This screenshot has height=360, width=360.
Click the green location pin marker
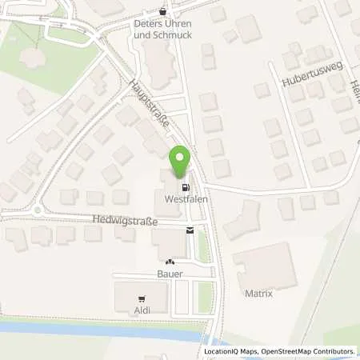[180, 162]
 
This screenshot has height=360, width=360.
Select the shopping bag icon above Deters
[164, 11]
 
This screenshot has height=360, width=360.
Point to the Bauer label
[170, 274]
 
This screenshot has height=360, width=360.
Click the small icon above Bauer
[169, 262]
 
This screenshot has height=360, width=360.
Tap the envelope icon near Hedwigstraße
[190, 231]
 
